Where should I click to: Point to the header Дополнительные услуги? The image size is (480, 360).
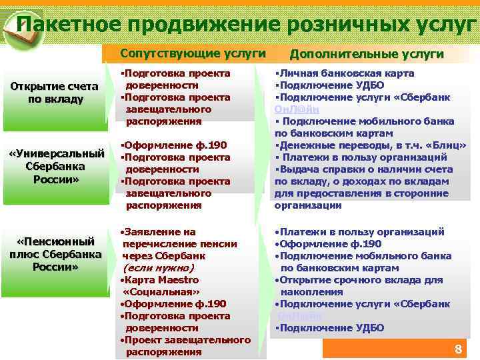[367, 53]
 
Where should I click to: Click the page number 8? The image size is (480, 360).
[457, 349]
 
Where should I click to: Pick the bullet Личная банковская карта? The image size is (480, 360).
[347, 73]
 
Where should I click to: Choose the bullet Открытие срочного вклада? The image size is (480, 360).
[358, 280]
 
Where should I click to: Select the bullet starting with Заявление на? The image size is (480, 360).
[160, 232]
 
